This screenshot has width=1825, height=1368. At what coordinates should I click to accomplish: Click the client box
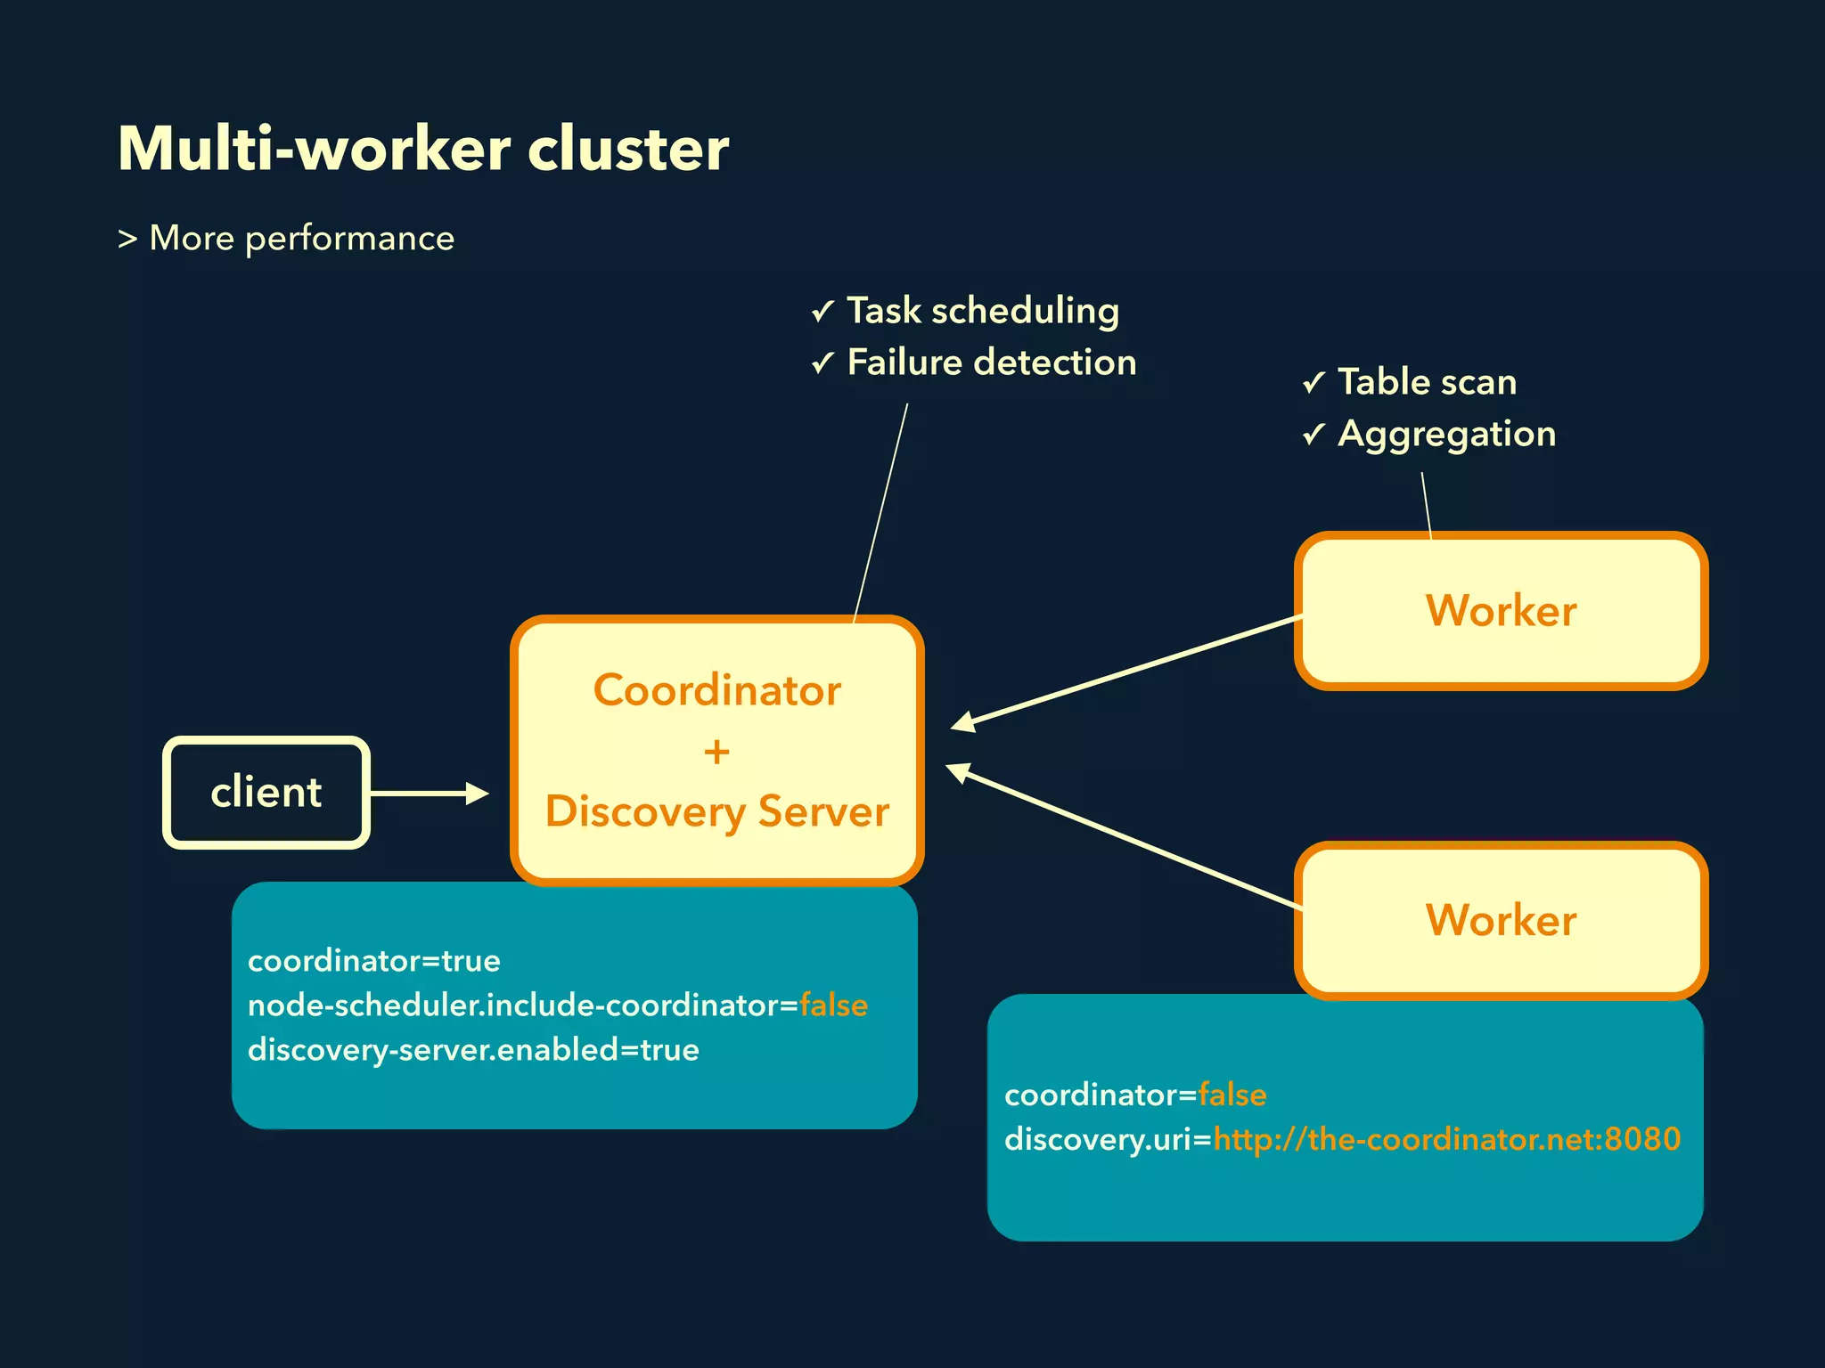coord(266,792)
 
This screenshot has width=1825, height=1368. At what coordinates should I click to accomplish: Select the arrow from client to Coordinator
coord(428,793)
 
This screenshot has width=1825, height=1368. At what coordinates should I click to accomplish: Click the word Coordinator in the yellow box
coord(716,690)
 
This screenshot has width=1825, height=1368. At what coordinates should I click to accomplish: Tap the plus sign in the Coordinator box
coord(716,753)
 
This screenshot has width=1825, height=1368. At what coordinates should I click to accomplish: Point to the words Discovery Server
coord(716,811)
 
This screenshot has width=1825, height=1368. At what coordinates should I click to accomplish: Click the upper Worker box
coord(1501,611)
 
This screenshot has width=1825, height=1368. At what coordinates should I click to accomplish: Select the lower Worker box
coord(1501,920)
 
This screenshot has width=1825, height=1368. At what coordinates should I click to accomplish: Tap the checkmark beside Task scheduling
coord(822,312)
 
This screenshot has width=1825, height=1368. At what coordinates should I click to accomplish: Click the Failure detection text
coord(991,362)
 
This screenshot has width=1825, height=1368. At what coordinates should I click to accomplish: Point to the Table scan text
coord(1427,382)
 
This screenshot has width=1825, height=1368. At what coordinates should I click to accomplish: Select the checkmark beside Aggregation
coord(1314,435)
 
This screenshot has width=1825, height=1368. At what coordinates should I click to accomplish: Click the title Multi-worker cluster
coord(423,149)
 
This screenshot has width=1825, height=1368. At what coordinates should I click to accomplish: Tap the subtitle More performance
coord(301,238)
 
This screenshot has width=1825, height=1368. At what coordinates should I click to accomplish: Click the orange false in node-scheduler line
coord(833,1006)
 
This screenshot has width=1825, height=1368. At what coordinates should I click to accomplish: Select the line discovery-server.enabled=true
coord(473,1050)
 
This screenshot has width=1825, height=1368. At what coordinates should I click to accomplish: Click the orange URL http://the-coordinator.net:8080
coord(1446,1139)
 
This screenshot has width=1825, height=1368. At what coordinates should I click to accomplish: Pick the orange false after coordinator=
coord(1232,1095)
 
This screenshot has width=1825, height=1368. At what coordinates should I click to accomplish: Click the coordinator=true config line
coord(373,961)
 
